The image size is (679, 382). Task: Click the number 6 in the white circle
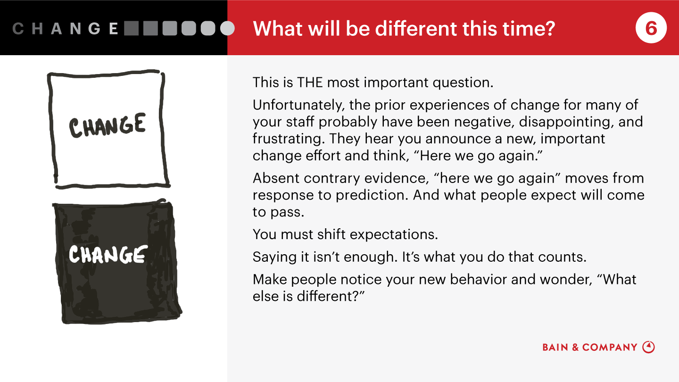(x=651, y=28)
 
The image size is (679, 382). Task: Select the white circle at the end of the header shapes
(x=227, y=28)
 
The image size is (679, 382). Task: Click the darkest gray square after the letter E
(x=131, y=28)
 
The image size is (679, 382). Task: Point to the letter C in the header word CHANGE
(x=18, y=29)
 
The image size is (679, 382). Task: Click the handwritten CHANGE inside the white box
(x=108, y=126)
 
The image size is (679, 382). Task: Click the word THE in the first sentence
(x=310, y=83)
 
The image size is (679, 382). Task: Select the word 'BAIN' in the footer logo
(x=555, y=347)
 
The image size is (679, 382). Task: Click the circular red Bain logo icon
(x=648, y=347)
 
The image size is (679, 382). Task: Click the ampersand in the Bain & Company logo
(x=575, y=347)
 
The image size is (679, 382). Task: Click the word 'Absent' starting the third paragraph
(x=276, y=178)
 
